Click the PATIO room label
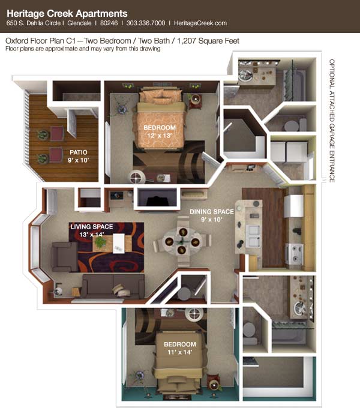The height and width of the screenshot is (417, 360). tap(79, 152)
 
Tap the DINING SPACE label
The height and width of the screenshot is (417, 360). tap(212, 212)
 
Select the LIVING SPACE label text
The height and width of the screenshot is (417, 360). tap(92, 227)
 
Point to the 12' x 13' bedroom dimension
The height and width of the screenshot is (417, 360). tap(160, 136)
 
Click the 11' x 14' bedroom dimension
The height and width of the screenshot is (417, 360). tap(180, 352)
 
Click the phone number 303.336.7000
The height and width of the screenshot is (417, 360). tap(146, 23)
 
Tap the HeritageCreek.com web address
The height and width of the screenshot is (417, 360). tap(200, 23)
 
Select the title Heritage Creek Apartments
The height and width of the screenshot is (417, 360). tap(67, 13)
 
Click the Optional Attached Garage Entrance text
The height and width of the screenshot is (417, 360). tap(332, 121)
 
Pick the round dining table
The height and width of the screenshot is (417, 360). tap(182, 241)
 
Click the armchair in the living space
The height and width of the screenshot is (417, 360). tap(65, 257)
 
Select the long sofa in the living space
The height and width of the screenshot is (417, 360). tap(113, 286)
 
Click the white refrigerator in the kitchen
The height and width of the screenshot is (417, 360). tap(293, 206)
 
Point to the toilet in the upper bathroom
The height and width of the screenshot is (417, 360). tap(295, 125)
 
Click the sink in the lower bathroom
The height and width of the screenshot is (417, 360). tap(300, 307)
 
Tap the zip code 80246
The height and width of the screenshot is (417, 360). tap(109, 23)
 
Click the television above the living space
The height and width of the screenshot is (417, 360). tap(157, 197)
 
